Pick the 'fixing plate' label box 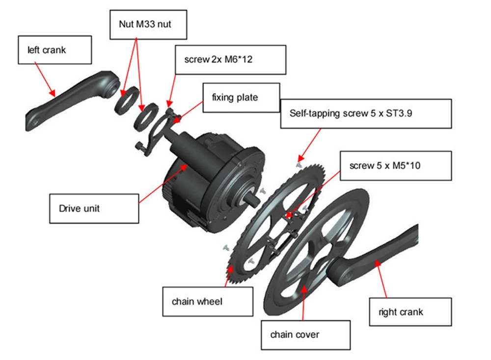[241, 97]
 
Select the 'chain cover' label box [305, 335]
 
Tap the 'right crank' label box [409, 311]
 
